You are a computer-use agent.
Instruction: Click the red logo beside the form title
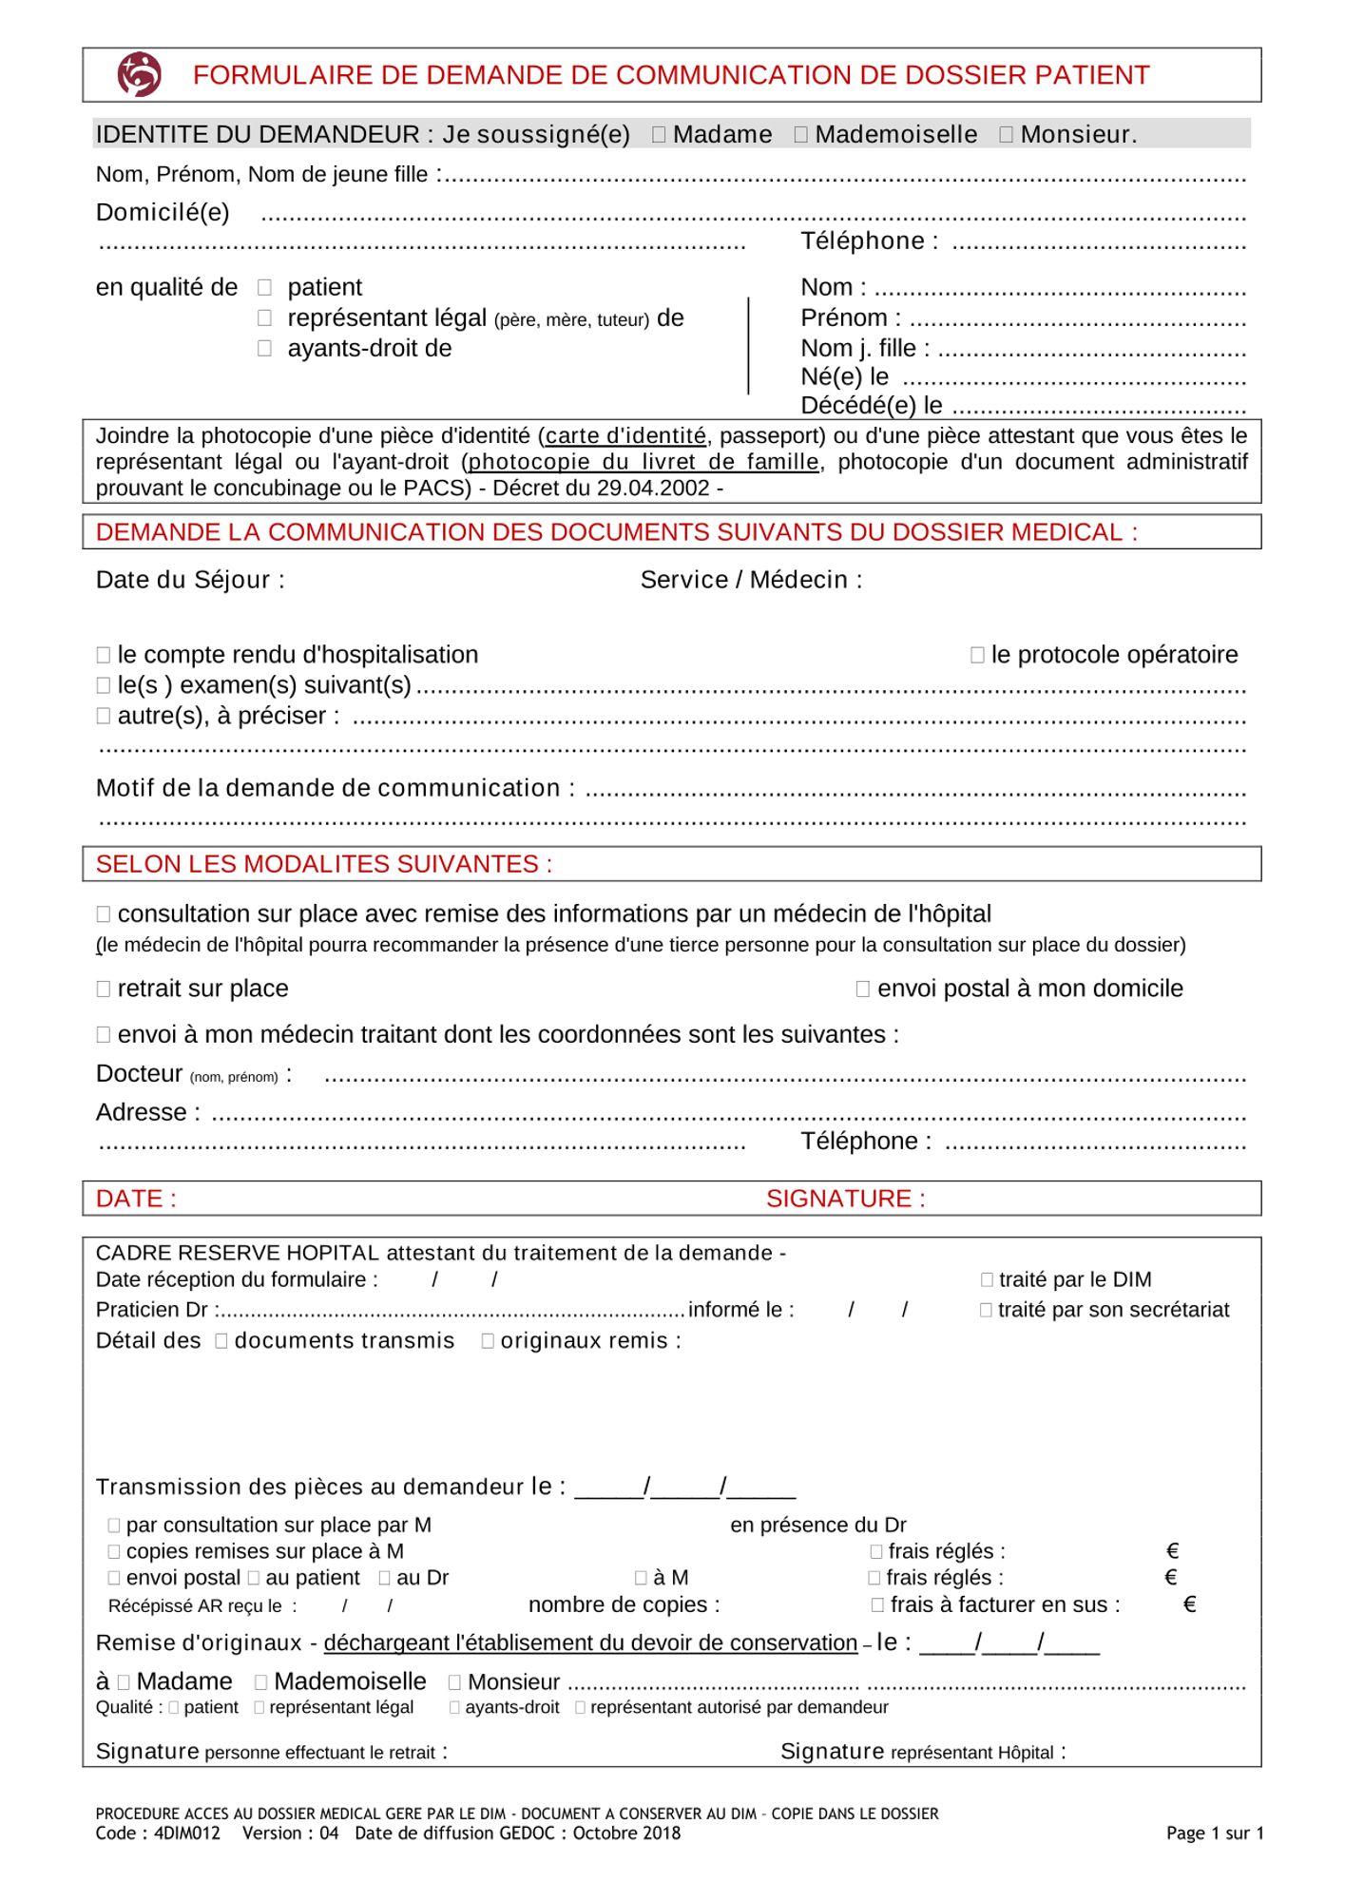pyautogui.click(x=139, y=74)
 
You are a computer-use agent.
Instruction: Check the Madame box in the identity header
pyautogui.click(x=659, y=135)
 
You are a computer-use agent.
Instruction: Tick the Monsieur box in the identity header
pyautogui.click(x=1006, y=135)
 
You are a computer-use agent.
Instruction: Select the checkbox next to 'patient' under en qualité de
pyautogui.click(x=265, y=287)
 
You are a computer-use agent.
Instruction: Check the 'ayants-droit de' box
pyautogui.click(x=265, y=348)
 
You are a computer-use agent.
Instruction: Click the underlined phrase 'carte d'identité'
pyautogui.click(x=625, y=436)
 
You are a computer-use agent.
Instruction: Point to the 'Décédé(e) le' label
pyautogui.click(x=871, y=406)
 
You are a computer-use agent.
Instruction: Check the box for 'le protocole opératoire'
pyautogui.click(x=977, y=655)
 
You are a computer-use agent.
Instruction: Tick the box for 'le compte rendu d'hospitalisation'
pyautogui.click(x=104, y=655)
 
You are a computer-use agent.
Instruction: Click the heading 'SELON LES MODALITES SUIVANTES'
pyautogui.click(x=323, y=864)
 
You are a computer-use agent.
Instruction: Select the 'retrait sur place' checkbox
pyautogui.click(x=104, y=989)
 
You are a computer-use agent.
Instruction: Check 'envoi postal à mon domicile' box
pyautogui.click(x=863, y=989)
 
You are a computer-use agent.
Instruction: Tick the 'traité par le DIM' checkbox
pyautogui.click(x=987, y=1280)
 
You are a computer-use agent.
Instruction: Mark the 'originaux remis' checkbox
pyautogui.click(x=488, y=1341)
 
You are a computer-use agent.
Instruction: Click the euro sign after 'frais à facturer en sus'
pyautogui.click(x=1189, y=1604)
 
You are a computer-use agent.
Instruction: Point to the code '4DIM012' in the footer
pyautogui.click(x=186, y=1833)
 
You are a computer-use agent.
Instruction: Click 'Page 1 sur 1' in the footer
pyautogui.click(x=1214, y=1834)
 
